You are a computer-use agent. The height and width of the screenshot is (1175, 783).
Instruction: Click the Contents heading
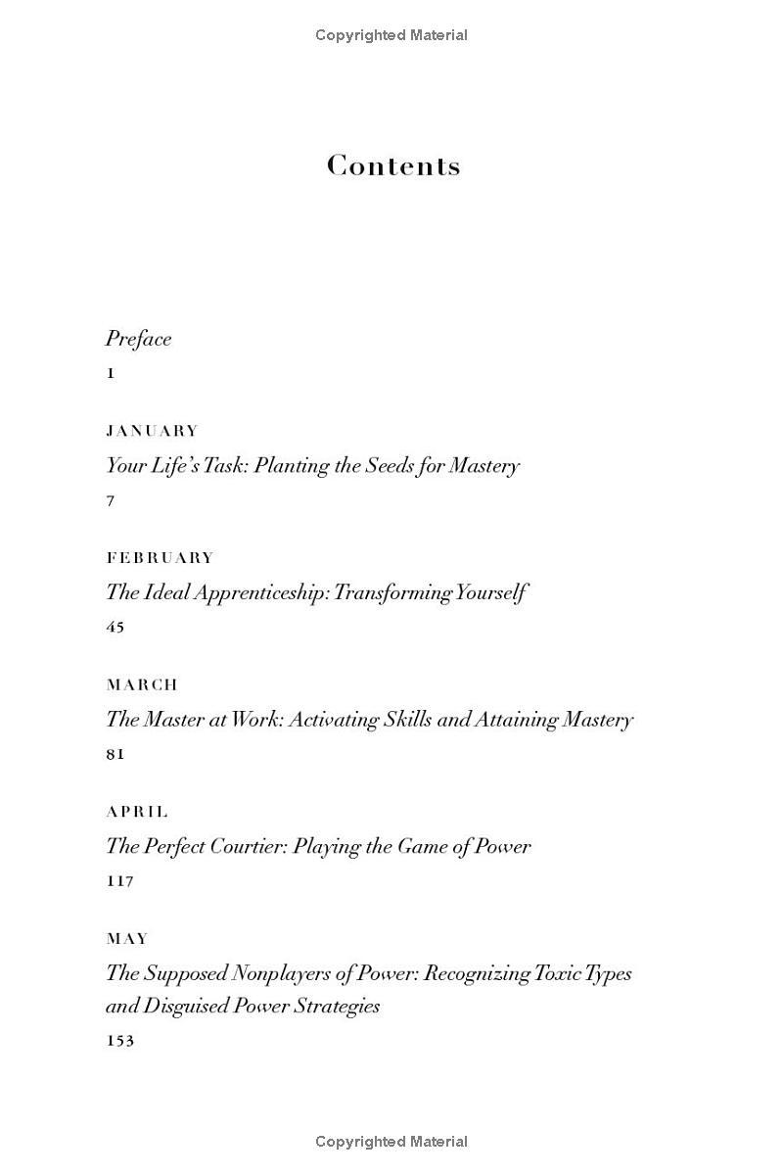[393, 165]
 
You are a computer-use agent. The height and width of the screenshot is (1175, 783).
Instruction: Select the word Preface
[138, 339]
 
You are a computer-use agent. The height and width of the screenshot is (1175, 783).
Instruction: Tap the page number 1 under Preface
[111, 373]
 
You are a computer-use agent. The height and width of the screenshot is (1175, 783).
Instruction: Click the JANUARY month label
[152, 431]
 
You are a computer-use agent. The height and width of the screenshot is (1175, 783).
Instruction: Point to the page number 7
[111, 501]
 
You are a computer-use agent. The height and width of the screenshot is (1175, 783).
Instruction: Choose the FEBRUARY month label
[160, 558]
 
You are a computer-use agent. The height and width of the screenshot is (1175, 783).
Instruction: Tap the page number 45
[115, 628]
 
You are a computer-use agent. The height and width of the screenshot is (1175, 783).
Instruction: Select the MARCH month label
[142, 684]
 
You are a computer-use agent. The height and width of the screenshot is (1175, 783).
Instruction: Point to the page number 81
[115, 755]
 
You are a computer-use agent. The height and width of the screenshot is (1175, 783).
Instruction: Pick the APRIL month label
[137, 812]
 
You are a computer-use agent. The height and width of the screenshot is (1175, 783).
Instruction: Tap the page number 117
[119, 881]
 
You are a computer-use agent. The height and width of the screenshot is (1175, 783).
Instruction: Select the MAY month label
[127, 939]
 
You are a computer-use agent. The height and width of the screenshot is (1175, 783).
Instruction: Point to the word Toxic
[560, 973]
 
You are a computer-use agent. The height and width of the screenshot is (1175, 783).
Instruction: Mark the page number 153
[119, 1041]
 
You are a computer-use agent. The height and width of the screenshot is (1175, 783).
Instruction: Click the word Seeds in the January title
[389, 466]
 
